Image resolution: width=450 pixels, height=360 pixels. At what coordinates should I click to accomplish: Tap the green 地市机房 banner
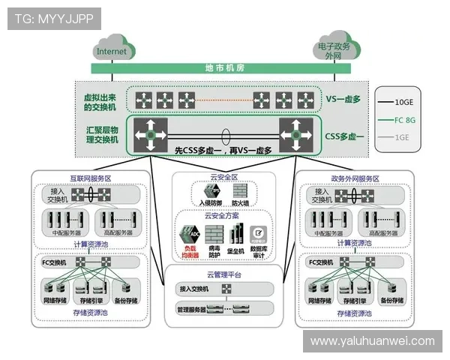pyautogui.click(x=224, y=67)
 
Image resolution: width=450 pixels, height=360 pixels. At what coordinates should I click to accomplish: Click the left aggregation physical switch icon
pyautogui.click(x=151, y=133)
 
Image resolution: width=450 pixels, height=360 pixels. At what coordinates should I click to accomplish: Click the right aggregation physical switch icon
pyautogui.click(x=295, y=133)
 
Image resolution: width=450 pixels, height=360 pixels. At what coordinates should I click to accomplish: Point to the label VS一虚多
pyautogui.click(x=344, y=99)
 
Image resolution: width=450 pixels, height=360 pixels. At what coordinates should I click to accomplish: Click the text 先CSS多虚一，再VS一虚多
pyautogui.click(x=223, y=150)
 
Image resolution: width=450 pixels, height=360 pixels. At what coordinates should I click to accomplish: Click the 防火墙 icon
pyautogui.click(x=240, y=193)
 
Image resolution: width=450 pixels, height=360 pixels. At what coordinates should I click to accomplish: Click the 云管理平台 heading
pyautogui.click(x=223, y=274)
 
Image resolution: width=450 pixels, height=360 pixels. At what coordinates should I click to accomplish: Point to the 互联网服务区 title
pyautogui.click(x=88, y=178)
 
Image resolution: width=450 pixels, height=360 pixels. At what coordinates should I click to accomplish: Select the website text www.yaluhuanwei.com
pyautogui.click(x=372, y=341)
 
